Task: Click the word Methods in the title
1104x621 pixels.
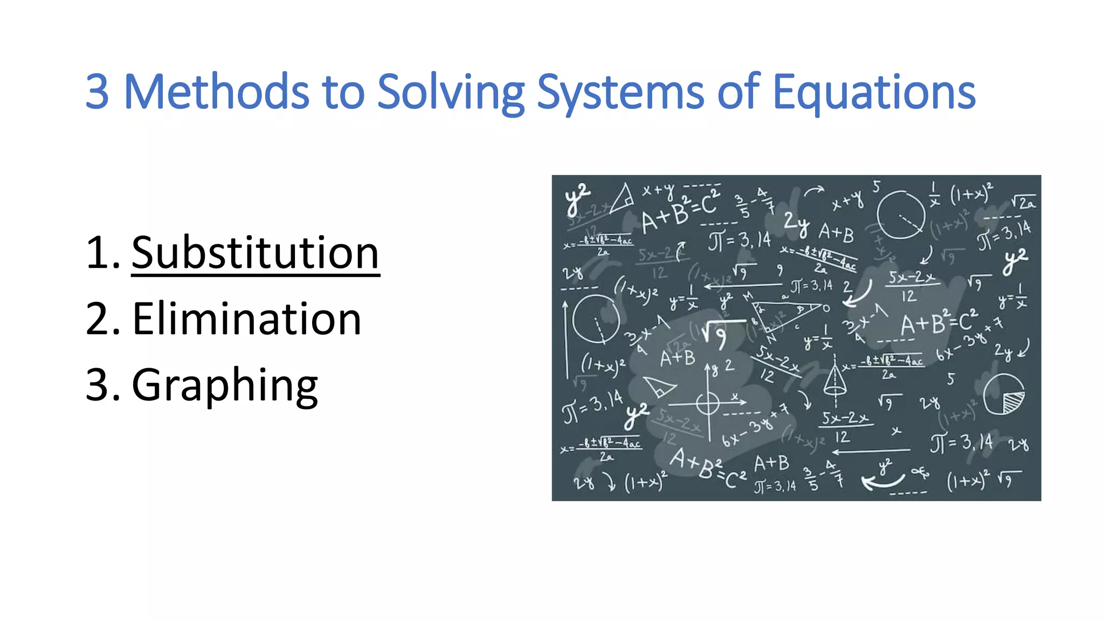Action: click(216, 92)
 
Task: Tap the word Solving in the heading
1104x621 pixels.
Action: click(451, 92)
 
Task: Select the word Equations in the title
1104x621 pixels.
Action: click(874, 92)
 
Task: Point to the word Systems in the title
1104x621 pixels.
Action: click(620, 92)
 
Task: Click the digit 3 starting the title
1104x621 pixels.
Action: click(98, 92)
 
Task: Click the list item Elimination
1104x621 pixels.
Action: click(246, 319)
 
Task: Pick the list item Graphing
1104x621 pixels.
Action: click(225, 385)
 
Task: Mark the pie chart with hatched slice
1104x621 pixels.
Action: click(1003, 395)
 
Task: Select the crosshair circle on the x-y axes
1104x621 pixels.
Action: click(707, 403)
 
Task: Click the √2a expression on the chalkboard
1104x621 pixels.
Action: click(1023, 202)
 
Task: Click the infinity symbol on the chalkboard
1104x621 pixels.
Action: click(920, 473)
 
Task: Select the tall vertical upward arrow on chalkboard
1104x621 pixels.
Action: click(565, 340)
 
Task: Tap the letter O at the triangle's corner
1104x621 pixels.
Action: click(826, 308)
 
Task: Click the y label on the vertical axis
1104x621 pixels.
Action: click(715, 369)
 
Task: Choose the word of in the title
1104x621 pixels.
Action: click(738, 92)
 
